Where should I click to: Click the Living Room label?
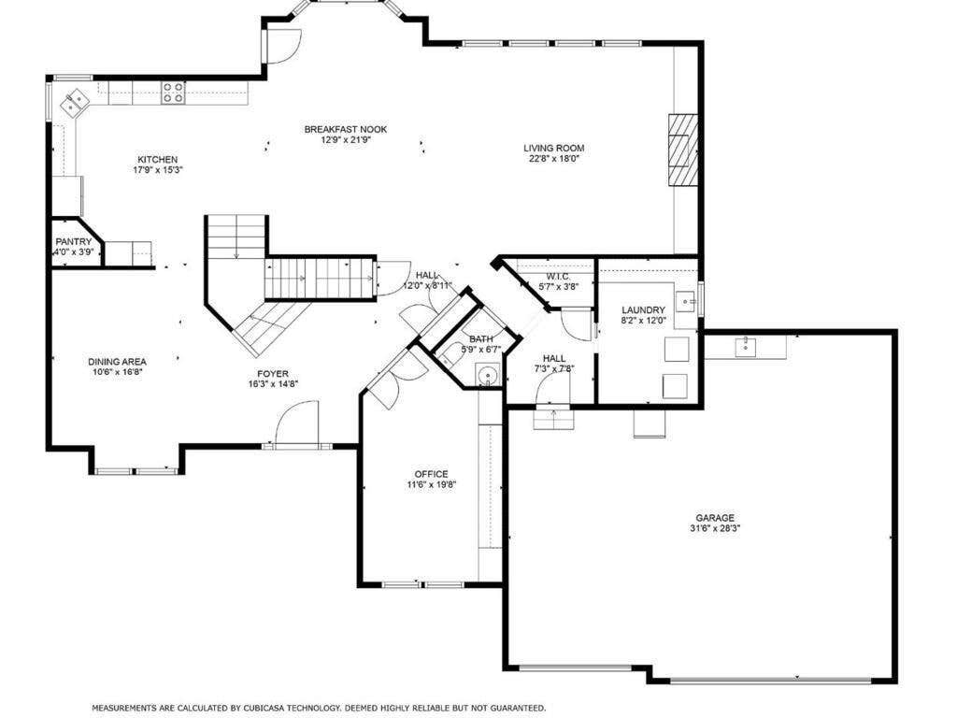[x=553, y=148]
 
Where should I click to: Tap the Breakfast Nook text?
[x=346, y=129]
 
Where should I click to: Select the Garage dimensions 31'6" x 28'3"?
[x=715, y=529]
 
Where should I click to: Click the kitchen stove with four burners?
[x=173, y=93]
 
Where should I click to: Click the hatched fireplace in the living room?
[x=682, y=150]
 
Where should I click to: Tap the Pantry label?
[x=73, y=242]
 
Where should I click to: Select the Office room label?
[x=431, y=474]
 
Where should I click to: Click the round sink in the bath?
[x=488, y=374]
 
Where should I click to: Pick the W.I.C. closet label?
[x=558, y=276]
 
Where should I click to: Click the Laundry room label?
[x=643, y=310]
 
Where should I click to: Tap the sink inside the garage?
[x=745, y=346]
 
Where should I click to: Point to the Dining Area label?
[x=117, y=362]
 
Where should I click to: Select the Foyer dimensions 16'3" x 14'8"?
[x=273, y=383]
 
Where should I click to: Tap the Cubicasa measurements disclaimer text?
[x=319, y=707]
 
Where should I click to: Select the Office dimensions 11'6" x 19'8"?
[x=432, y=485]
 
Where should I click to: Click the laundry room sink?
[x=687, y=300]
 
